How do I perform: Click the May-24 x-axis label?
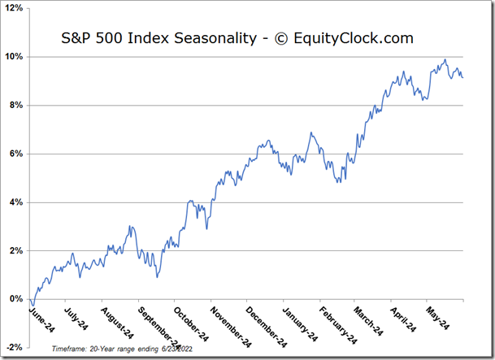coord(437,319)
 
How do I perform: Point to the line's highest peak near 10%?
coord(445,59)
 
